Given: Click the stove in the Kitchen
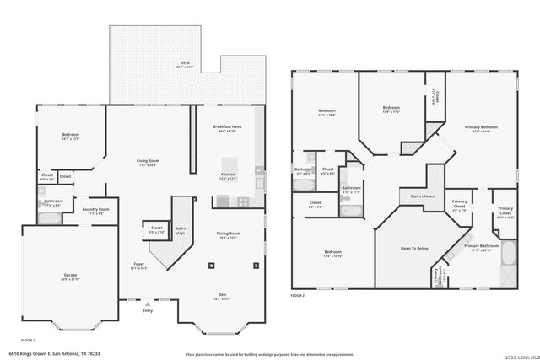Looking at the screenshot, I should click(x=242, y=201).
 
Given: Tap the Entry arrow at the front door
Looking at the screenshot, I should click(x=148, y=304).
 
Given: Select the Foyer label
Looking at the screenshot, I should click(x=138, y=266).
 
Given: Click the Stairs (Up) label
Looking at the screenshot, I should click(x=180, y=229).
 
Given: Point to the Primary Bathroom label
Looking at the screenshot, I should click(x=482, y=247).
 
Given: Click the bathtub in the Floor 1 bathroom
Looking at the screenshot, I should click(x=50, y=218).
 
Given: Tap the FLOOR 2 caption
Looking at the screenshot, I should click(x=297, y=296).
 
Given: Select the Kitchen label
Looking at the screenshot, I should click(x=229, y=176).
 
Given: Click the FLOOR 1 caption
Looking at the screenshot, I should click(x=27, y=339).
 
